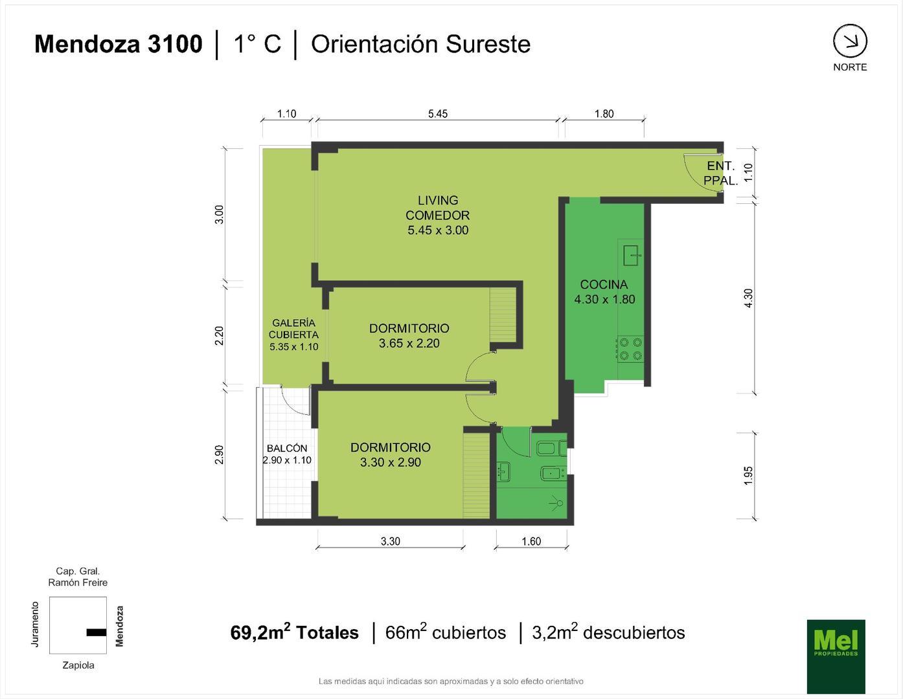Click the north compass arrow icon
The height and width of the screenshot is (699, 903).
849,41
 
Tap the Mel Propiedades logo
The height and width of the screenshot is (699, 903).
836,656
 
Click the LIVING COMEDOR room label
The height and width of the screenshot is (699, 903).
438,215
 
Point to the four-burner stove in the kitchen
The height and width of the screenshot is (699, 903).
630,349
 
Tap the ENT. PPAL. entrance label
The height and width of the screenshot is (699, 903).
720,173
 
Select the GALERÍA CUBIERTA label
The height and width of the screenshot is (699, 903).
293,334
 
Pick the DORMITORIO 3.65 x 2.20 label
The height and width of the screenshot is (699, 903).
409,335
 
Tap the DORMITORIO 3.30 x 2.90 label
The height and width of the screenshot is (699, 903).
390,454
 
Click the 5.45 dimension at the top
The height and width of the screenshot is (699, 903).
438,114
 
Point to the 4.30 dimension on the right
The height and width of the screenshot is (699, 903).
748,298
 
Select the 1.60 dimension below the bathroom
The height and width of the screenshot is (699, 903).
531,541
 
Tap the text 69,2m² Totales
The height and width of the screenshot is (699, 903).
294,632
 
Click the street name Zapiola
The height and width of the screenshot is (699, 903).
78,665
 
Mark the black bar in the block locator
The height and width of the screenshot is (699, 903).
96,632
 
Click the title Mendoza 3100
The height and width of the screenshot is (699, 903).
118,44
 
